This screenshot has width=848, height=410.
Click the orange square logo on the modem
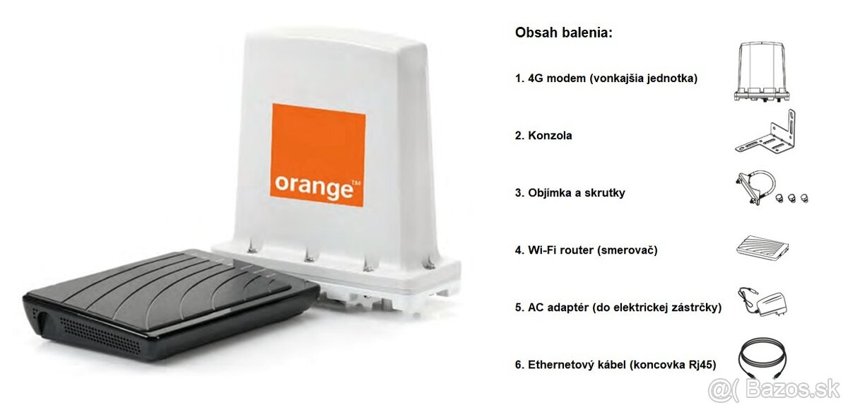point(318,155)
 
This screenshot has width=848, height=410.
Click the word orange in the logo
point(313,186)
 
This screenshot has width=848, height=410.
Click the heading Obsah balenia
point(564,33)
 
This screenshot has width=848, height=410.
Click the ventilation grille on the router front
point(99,330)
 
